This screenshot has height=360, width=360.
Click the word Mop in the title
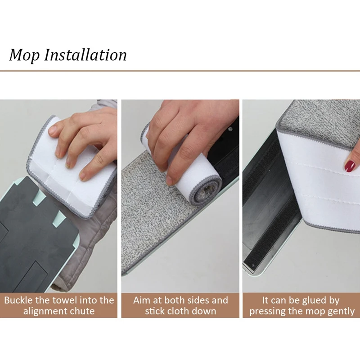[x=24, y=55]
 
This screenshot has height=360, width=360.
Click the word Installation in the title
[x=85, y=54]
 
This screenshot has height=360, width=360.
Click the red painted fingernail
[x=350, y=166]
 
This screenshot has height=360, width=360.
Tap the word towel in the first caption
[x=61, y=300]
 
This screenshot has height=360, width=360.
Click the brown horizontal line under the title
[x=180, y=71]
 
